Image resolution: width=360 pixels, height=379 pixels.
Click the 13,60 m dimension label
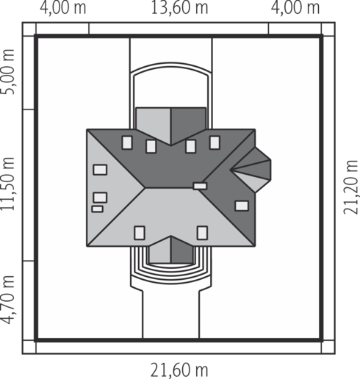point(179,7)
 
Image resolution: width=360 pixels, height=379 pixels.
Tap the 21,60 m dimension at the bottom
point(179,369)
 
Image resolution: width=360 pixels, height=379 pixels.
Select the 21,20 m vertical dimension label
point(350,187)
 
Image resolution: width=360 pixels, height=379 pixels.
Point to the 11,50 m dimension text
point(7,184)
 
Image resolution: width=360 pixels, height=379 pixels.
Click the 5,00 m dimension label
point(7,71)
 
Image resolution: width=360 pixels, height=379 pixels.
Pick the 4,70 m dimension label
point(7,300)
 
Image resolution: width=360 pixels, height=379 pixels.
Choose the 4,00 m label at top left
point(63,7)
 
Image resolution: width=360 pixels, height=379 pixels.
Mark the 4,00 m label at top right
point(295,7)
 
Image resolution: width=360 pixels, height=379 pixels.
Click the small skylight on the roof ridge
point(200,186)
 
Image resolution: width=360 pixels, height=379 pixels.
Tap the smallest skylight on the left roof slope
point(98,209)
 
